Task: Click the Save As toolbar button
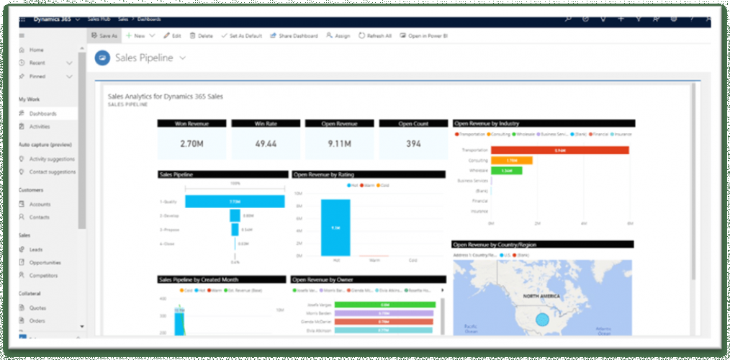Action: click(x=104, y=35)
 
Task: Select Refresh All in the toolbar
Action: click(x=375, y=35)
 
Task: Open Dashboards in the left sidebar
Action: click(x=42, y=114)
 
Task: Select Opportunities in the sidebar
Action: click(x=45, y=263)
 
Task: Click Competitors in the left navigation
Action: click(x=43, y=275)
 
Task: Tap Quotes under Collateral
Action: click(x=37, y=307)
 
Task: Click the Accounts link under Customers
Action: click(x=40, y=204)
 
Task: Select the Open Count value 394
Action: click(x=413, y=144)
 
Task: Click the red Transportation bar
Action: click(x=559, y=150)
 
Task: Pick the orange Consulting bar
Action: click(x=511, y=161)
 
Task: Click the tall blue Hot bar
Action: click(x=335, y=228)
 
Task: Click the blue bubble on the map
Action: click(x=543, y=320)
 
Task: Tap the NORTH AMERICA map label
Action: click(x=541, y=297)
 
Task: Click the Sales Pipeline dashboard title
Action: click(x=144, y=58)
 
